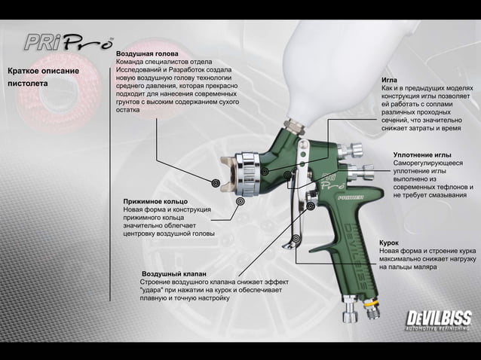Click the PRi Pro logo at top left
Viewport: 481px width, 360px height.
pos(69,42)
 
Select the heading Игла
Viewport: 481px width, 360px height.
pos(390,79)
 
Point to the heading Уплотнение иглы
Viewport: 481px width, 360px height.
pos(422,154)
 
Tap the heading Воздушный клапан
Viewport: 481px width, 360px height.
pos(174,273)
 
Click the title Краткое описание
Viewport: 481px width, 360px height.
pos(43,71)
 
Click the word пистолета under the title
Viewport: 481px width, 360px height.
pos(28,83)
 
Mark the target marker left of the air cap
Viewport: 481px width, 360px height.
pos(216,182)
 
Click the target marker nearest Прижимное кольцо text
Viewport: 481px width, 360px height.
pos(240,202)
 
